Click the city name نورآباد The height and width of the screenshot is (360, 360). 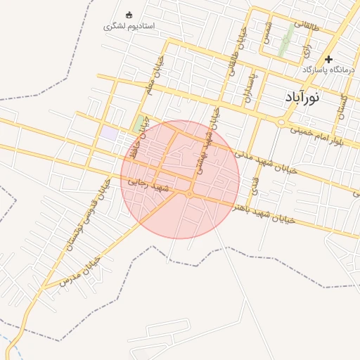(x=302, y=98)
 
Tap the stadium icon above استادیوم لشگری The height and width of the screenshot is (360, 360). (x=129, y=15)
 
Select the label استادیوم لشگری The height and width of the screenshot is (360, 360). (x=129, y=26)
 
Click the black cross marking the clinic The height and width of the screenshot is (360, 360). (x=328, y=59)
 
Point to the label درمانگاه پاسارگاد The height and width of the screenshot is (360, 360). (x=329, y=70)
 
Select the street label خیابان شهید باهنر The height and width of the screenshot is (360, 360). (x=275, y=214)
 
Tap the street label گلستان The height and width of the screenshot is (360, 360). (x=343, y=105)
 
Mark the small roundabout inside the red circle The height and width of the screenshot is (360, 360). (x=190, y=193)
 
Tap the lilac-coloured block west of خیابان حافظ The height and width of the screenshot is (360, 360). (x=109, y=132)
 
